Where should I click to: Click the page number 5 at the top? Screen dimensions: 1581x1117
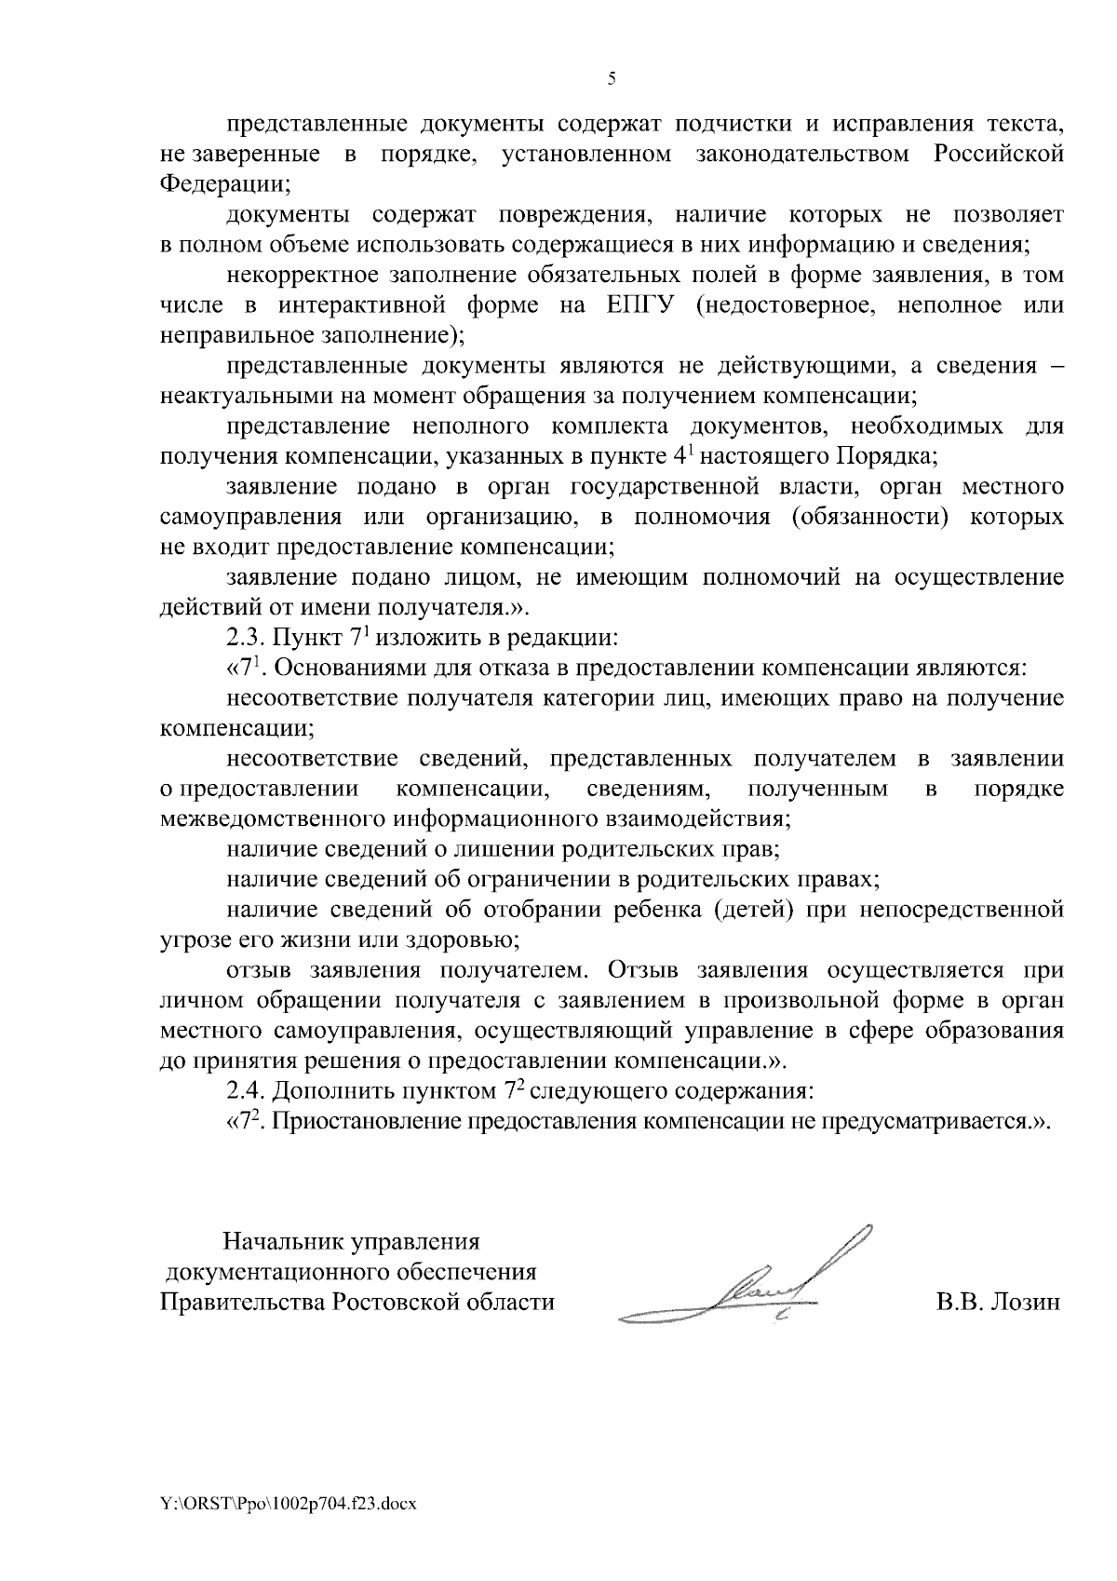pos(612,79)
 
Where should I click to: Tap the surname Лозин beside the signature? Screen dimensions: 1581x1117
pos(1026,1302)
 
